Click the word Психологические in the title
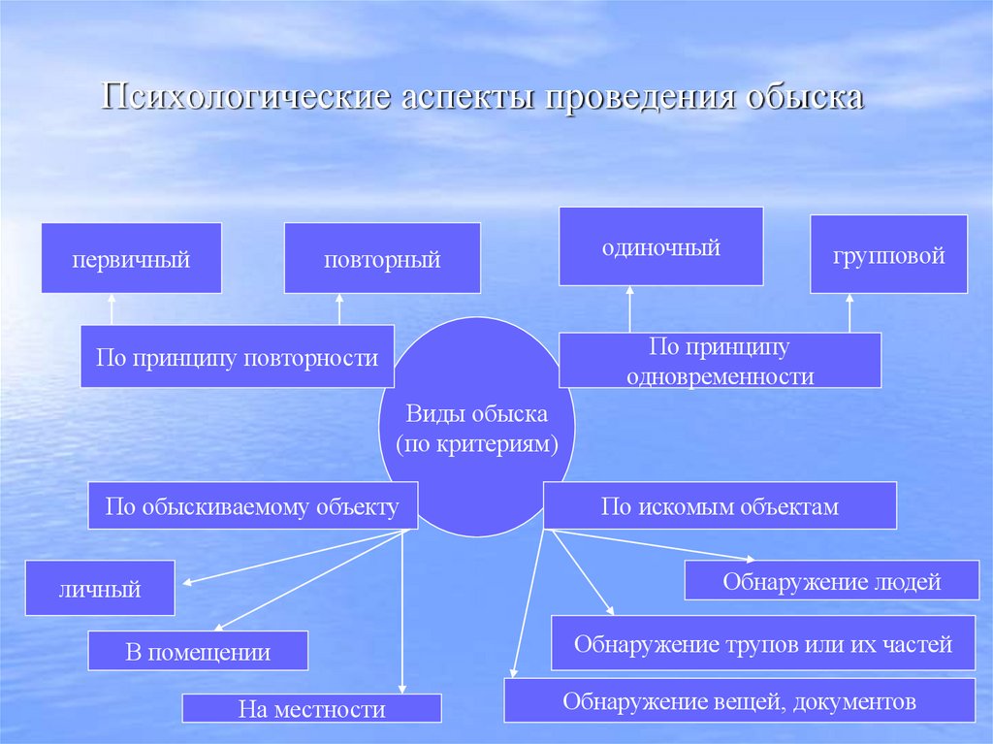242,100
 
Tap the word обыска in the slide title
804,100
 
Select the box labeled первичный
131,258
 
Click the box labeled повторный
382,258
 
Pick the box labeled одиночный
660,246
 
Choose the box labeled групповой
888,254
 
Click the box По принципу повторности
237,357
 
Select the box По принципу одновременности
719,361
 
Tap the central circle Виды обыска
476,428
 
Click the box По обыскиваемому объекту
252,505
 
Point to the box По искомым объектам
720,505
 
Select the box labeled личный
100,588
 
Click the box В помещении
198,651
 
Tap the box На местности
311,708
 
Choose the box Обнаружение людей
831,581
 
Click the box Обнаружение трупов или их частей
762,643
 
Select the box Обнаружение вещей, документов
739,699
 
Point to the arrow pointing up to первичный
112,309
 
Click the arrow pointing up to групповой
850,312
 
